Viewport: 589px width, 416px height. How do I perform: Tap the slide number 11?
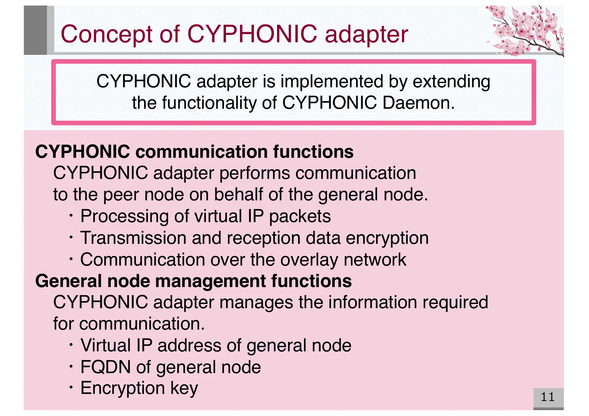tap(548, 397)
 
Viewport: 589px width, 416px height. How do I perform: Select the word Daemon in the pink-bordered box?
tap(418, 103)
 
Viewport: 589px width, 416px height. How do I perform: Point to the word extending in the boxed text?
tap(451, 81)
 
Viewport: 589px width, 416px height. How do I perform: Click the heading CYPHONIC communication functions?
tap(194, 152)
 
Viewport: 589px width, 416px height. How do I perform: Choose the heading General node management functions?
tap(193, 281)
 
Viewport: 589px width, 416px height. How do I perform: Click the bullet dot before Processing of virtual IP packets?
tap(71, 216)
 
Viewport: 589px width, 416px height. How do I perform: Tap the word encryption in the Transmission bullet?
tap(387, 238)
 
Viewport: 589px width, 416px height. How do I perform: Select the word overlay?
tap(310, 260)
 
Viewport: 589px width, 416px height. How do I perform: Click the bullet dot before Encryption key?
tap(71, 388)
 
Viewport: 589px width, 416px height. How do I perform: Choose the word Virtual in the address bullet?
tap(106, 346)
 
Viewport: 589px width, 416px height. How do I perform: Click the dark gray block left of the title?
tap(35, 30)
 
